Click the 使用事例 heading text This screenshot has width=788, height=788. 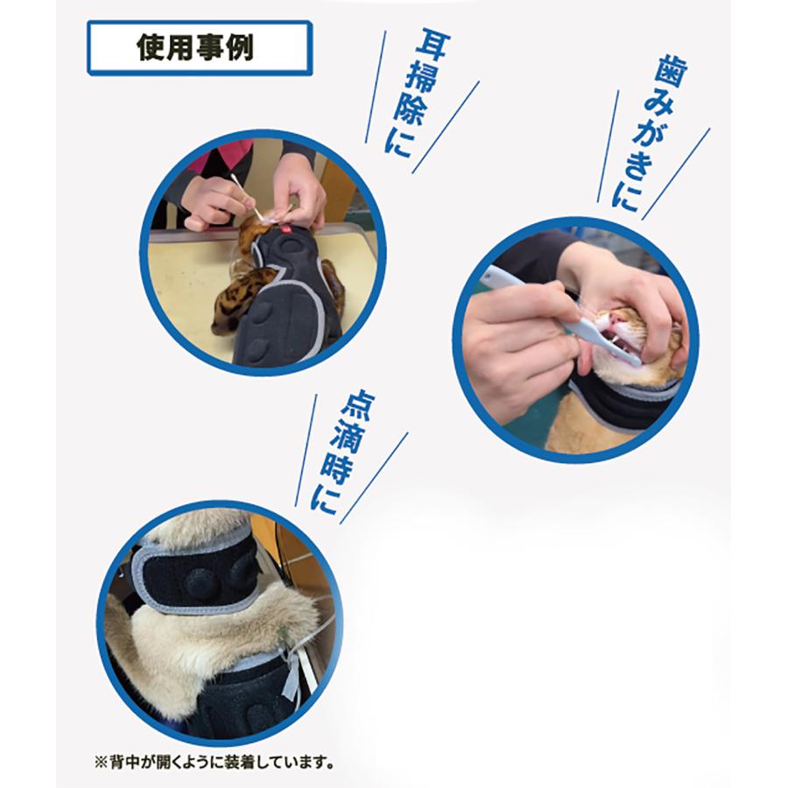pyautogui.click(x=195, y=48)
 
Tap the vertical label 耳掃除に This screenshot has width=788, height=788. pyautogui.click(x=419, y=94)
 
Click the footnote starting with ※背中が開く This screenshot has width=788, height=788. pyautogui.click(x=215, y=763)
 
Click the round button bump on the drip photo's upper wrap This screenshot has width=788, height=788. pyautogui.click(x=200, y=583)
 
